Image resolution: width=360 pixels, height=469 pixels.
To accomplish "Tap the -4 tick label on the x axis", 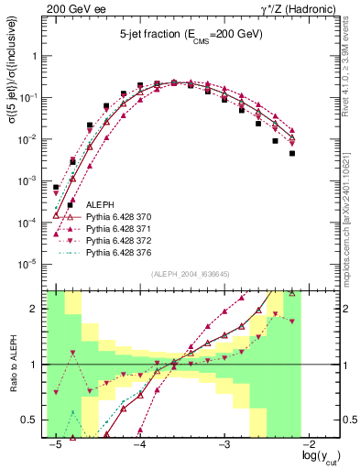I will point(140,443).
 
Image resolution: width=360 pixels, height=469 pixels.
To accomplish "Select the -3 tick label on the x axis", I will point(224,443).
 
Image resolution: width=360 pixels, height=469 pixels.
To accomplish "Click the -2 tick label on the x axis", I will point(309,443).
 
